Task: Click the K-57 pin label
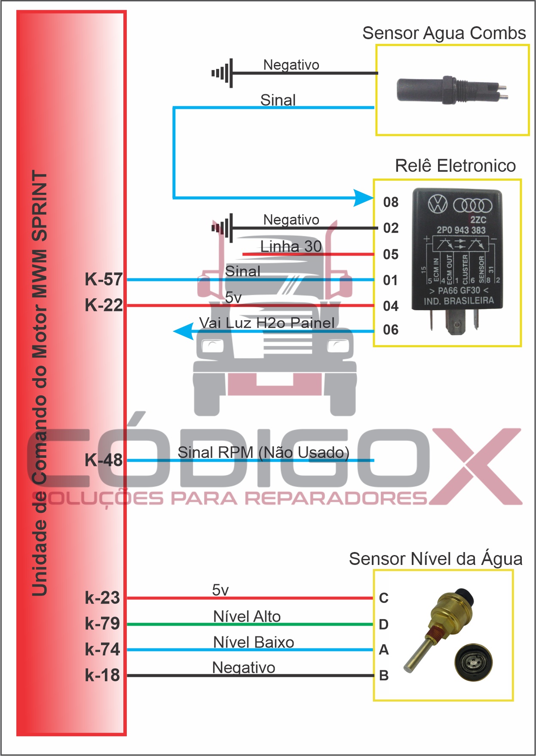pos(104,280)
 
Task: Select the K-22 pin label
pos(104,305)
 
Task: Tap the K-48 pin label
pos(104,460)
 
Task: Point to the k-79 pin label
pos(102,623)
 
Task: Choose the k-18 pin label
pos(102,675)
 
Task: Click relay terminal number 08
pos(391,202)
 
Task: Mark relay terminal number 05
pos(391,254)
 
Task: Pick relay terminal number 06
pos(391,330)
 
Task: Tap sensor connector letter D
pos(384,624)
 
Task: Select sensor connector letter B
pos(384,676)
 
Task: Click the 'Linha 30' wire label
pos(291,247)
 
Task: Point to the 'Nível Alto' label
pos(247,617)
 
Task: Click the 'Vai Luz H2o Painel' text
pos(266,323)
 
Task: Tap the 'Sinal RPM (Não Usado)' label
pos(263,452)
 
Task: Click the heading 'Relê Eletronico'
pos(455,166)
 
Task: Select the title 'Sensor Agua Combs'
pos(444,33)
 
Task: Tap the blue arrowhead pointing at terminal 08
pos(364,198)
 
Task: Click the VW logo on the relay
pos(438,204)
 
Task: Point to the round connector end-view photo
pos(474,662)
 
